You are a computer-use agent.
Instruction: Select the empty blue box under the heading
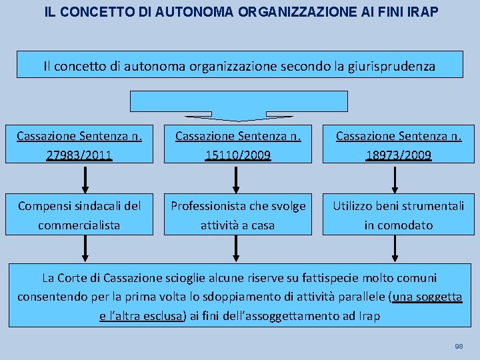point(239,101)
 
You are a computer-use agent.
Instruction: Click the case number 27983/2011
point(79,155)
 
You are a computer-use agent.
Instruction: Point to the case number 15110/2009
point(238,155)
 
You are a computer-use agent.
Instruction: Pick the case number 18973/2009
point(398,155)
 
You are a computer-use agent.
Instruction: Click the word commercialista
point(79,225)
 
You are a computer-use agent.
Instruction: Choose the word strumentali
point(432,206)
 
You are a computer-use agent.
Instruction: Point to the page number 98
point(459,347)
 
